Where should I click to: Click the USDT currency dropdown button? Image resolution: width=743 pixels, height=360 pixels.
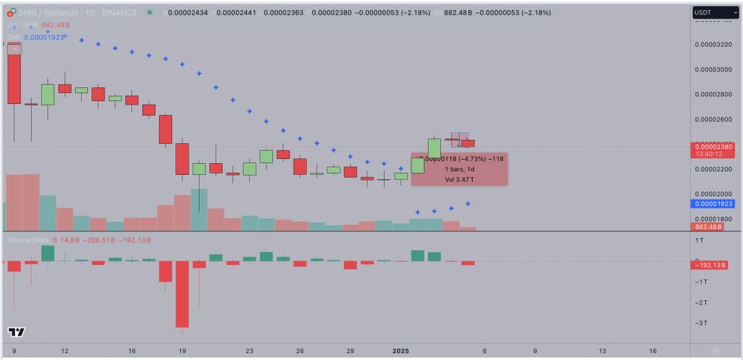click(x=715, y=12)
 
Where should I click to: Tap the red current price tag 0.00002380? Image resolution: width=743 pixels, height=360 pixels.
click(x=713, y=146)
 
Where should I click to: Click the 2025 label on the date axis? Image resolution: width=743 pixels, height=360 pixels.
click(x=401, y=350)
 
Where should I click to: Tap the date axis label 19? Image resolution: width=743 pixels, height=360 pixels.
click(x=182, y=350)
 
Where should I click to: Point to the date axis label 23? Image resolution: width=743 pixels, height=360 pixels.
click(x=249, y=350)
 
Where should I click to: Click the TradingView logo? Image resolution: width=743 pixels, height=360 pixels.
click(x=17, y=332)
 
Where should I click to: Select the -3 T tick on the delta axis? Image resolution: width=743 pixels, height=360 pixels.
click(x=700, y=323)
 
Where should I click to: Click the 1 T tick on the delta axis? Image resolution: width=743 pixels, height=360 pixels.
click(x=699, y=240)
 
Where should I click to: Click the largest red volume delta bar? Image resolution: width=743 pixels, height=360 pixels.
click(x=182, y=294)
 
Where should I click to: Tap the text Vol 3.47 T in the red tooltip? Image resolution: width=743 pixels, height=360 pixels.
click(x=460, y=180)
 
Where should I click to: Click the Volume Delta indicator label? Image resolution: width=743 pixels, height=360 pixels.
click(x=28, y=240)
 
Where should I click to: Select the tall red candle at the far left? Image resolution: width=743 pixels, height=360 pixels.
click(x=14, y=73)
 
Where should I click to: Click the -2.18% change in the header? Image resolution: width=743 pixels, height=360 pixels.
click(x=416, y=12)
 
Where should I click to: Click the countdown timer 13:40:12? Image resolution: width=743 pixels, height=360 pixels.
click(x=708, y=154)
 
